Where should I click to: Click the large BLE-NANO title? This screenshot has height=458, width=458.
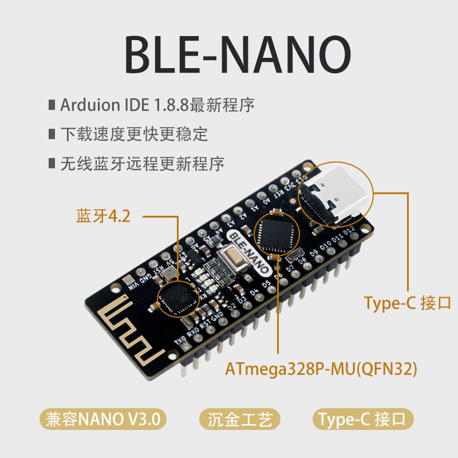pyautogui.click(x=229, y=56)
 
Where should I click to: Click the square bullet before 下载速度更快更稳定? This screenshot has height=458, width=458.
pyautogui.click(x=53, y=136)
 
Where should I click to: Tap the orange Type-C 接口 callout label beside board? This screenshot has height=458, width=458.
pyautogui.click(x=408, y=302)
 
